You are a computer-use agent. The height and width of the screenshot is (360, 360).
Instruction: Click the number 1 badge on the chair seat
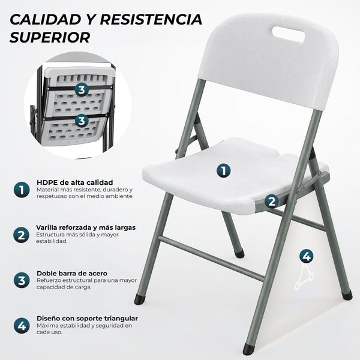point(223,170)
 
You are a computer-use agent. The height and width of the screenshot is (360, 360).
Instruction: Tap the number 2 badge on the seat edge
point(272,202)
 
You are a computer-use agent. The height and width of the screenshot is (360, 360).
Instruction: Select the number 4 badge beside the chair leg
point(307,256)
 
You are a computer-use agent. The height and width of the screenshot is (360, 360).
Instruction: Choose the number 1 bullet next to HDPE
point(22,190)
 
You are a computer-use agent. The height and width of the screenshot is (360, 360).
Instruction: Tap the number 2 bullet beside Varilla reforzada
point(22,235)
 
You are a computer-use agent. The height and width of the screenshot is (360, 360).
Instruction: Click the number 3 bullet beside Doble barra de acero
point(22,280)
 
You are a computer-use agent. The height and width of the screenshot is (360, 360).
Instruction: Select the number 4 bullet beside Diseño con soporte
point(22,326)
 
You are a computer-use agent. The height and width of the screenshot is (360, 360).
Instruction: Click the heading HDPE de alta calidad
point(74,182)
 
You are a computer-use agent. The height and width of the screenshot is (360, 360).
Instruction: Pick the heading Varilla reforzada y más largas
point(86,227)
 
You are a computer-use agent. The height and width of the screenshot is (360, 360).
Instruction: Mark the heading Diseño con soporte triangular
point(87,318)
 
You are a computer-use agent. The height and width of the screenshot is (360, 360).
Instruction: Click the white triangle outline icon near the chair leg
point(304,280)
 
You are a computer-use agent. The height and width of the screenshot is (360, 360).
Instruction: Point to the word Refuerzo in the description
point(50,280)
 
